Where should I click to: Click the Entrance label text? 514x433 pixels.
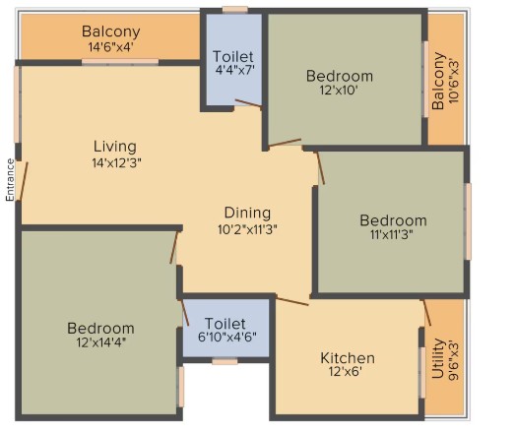(10, 180)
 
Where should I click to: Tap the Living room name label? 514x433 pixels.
(115, 147)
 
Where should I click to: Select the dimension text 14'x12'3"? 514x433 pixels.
(117, 162)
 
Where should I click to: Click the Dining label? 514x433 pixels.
(247, 213)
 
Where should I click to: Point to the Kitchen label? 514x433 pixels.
(348, 358)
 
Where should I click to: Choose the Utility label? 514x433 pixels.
(438, 358)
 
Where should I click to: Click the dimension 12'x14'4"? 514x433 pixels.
(101, 342)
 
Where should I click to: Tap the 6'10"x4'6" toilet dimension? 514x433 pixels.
(227, 337)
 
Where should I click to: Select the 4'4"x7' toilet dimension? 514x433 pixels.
(235, 70)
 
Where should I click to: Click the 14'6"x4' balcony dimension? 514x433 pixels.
(110, 47)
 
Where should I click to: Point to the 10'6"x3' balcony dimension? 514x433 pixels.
(454, 81)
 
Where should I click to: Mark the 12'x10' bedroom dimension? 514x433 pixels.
(339, 90)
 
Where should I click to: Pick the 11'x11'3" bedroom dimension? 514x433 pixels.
(391, 234)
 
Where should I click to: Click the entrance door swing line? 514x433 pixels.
(24, 181)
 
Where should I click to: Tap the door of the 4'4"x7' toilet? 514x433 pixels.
(248, 103)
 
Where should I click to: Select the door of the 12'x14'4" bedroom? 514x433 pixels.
(174, 247)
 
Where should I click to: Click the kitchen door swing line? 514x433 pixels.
(292, 301)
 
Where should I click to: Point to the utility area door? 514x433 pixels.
(427, 312)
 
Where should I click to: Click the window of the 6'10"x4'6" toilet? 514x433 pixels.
(225, 361)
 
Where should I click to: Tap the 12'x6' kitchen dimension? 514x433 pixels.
(346, 372)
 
